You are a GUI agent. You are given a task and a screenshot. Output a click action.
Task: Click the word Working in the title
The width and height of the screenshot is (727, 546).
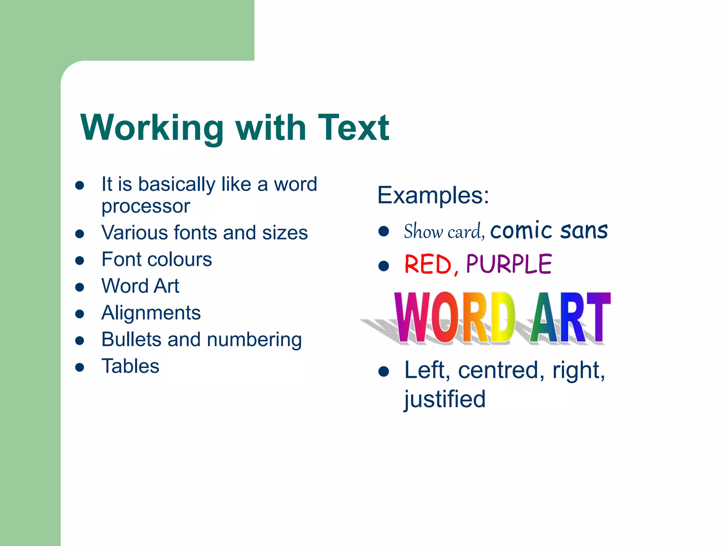click(152, 128)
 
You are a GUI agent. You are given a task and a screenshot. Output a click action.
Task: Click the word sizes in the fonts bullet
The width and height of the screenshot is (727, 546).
click(285, 233)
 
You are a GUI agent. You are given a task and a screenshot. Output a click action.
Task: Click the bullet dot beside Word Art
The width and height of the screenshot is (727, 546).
click(80, 287)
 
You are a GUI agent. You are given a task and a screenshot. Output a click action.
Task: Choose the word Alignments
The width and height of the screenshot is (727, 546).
click(151, 313)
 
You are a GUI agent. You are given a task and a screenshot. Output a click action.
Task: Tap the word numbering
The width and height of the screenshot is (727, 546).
click(254, 340)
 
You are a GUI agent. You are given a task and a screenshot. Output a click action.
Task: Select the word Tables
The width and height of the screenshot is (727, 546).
click(130, 366)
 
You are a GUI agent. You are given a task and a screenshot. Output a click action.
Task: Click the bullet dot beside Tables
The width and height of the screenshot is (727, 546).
click(80, 367)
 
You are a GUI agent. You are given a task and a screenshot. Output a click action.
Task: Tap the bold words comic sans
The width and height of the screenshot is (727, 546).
click(549, 230)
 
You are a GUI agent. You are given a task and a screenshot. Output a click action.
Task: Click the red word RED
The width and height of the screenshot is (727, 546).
click(428, 264)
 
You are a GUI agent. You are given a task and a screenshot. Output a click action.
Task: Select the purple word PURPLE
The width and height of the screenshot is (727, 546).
click(509, 264)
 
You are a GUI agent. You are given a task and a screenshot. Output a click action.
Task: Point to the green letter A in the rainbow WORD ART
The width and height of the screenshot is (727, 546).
click(543, 317)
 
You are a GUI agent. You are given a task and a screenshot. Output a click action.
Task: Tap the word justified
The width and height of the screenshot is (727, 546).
click(444, 399)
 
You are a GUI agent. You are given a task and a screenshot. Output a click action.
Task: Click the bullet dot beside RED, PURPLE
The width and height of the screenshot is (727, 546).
click(383, 266)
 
